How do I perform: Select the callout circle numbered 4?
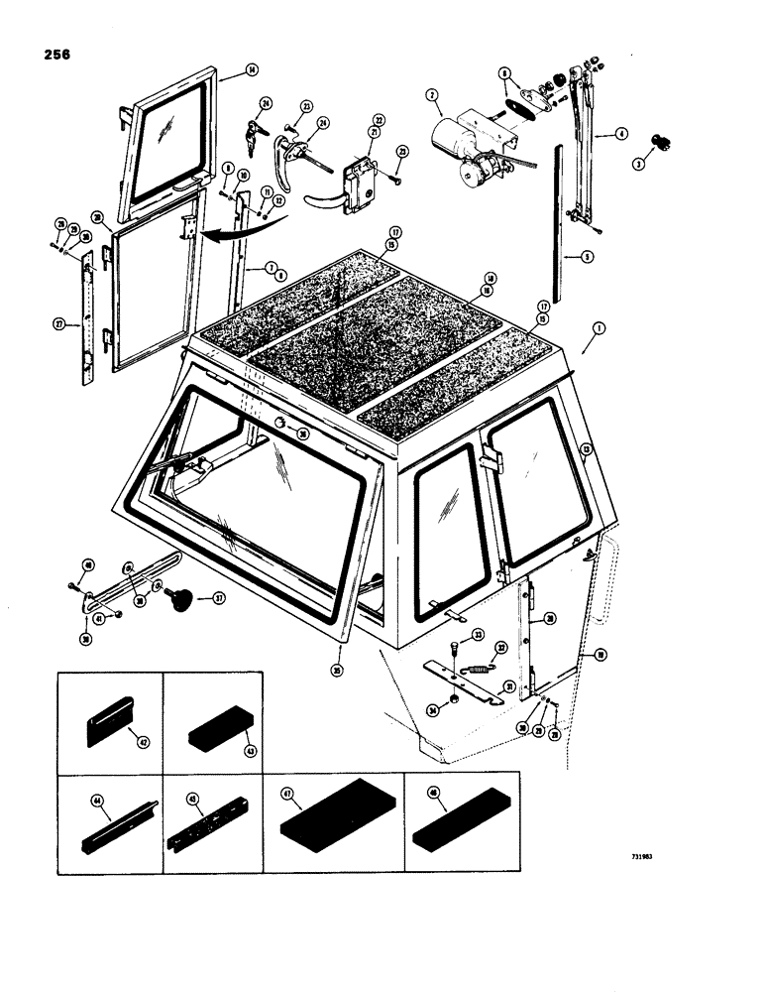(621, 132)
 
